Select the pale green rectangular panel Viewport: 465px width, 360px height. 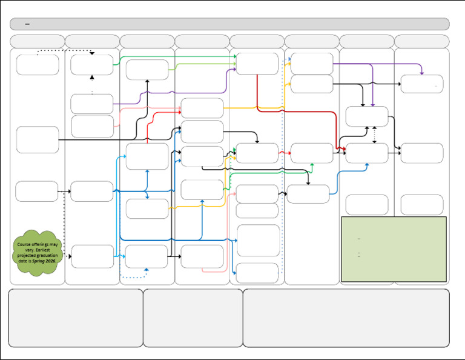(394, 249)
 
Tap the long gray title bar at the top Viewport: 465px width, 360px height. (229, 24)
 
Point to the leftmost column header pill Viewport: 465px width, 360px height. (37, 41)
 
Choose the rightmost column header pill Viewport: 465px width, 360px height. (421, 41)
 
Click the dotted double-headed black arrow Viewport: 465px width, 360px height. (375, 135)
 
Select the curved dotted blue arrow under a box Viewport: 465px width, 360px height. (134, 276)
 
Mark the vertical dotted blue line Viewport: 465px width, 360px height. (283, 170)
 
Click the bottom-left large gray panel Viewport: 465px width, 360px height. (76, 318)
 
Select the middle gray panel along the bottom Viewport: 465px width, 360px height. (193, 318)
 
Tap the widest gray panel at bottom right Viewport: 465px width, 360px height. (346, 318)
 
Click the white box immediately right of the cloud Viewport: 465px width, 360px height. (92, 256)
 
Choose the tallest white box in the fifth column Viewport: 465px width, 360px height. (258, 241)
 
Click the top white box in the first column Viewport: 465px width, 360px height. (38, 65)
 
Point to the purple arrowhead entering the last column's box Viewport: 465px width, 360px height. (421, 73)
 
